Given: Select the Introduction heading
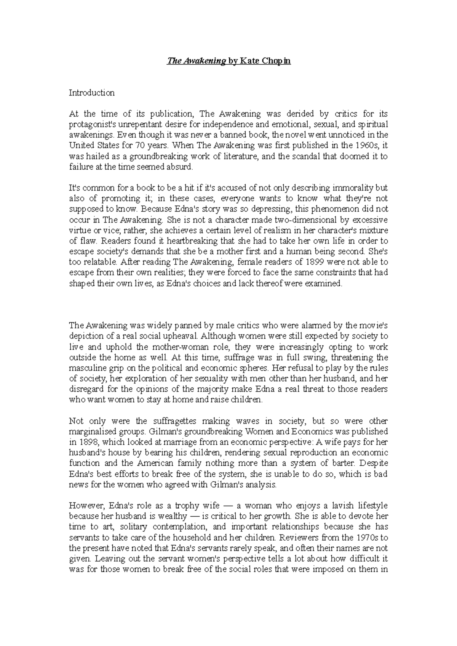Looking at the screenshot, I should click(91, 92).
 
